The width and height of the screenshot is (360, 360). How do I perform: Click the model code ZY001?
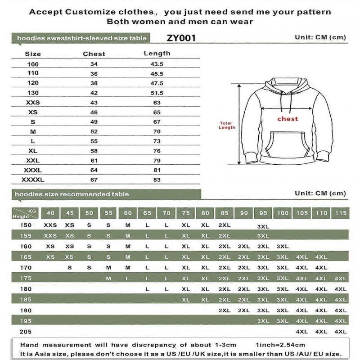point(181,38)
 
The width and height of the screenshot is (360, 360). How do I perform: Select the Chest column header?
point(94,54)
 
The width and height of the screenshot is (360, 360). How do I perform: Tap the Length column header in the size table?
point(157,53)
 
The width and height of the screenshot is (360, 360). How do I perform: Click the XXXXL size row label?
point(33,180)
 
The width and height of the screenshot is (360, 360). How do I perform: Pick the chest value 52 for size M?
point(94,131)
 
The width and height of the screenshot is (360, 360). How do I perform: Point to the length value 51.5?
point(157,93)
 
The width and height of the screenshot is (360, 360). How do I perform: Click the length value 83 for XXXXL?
point(157,180)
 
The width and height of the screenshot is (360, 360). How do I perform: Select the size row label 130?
point(33,93)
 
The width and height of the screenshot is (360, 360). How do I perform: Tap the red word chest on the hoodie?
point(288,119)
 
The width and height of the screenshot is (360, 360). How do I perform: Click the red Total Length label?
point(227,125)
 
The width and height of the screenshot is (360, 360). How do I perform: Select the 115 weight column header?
point(341,213)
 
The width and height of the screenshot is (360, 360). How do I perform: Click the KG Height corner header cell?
point(25,213)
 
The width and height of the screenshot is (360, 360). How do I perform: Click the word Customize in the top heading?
point(95,12)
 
